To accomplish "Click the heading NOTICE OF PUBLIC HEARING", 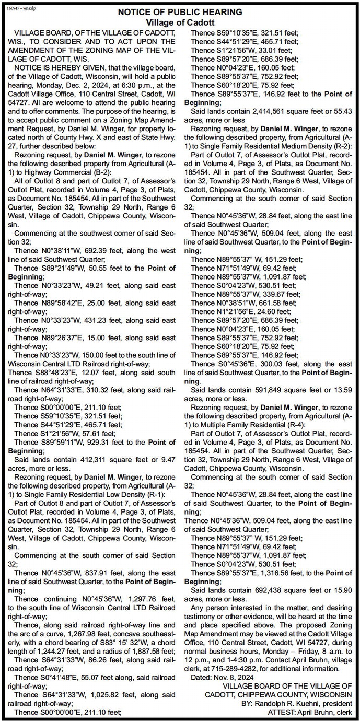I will click(180, 11).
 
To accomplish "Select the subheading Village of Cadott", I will click(180, 22).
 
